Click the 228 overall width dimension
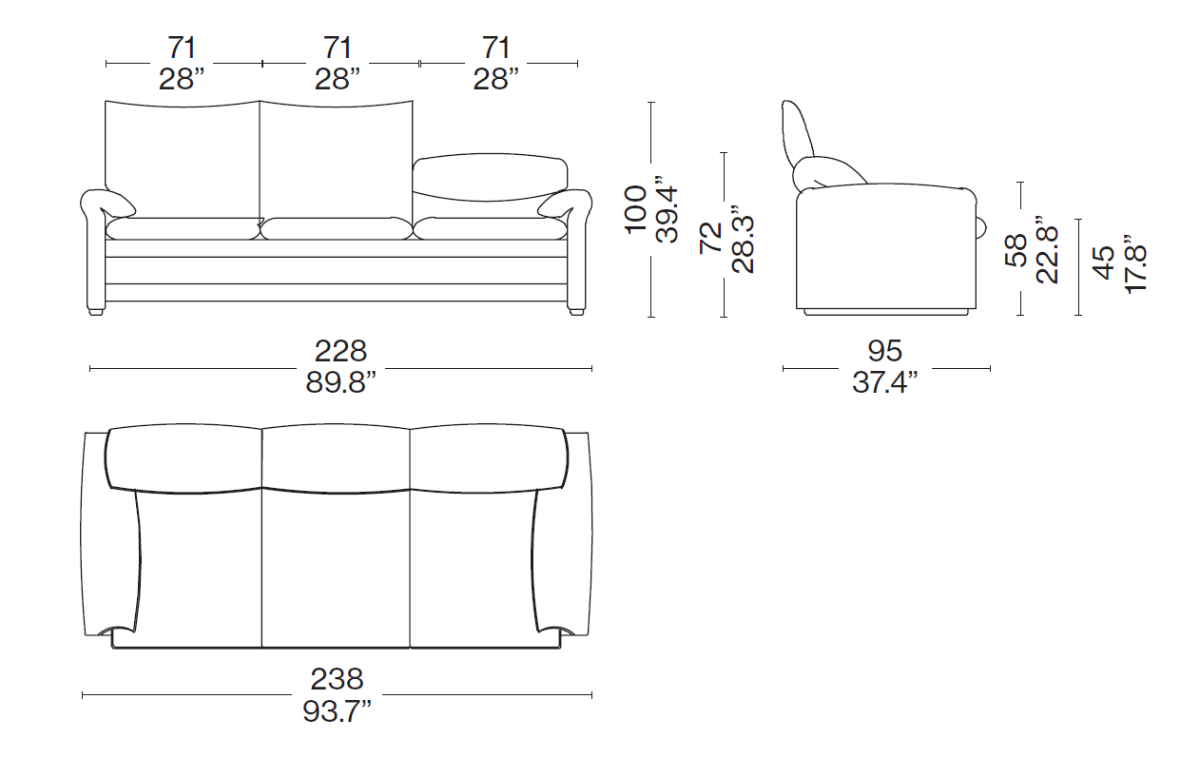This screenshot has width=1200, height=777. (x=340, y=352)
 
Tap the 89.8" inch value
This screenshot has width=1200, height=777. (x=340, y=382)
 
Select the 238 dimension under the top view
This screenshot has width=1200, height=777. (x=337, y=679)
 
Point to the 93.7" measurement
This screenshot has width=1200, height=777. (x=337, y=711)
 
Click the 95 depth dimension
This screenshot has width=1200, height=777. (x=885, y=351)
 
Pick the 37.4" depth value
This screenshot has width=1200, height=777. (x=885, y=382)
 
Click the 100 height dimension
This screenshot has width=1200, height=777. (x=636, y=209)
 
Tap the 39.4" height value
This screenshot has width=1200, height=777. (x=667, y=209)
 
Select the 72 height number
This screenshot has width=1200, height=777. (x=711, y=238)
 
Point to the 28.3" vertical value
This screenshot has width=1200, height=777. (x=743, y=239)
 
